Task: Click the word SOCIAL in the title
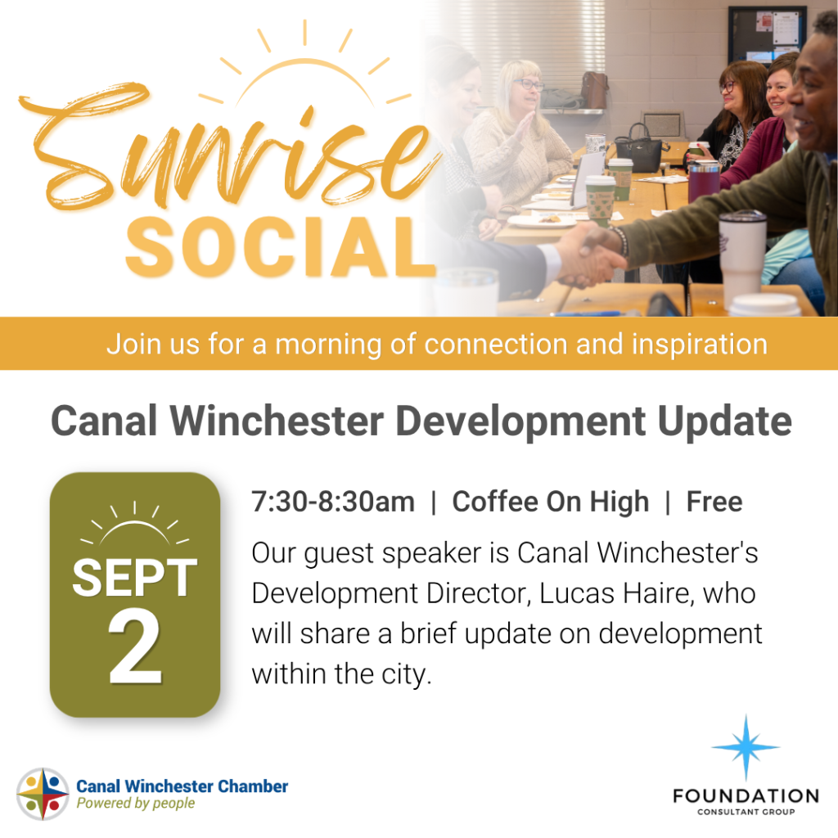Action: tap(281, 247)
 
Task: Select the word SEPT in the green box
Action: tap(135, 577)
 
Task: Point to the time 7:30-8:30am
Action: tap(333, 502)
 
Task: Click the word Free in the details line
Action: tap(714, 502)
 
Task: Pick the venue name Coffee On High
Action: tap(551, 502)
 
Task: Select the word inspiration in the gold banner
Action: tap(700, 345)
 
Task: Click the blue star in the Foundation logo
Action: tap(746, 747)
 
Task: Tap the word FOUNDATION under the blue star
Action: tap(746, 796)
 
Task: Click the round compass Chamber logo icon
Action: tap(43, 794)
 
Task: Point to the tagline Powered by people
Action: tap(136, 804)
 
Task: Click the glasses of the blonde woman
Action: tap(528, 84)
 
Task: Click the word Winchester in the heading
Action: tap(277, 421)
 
